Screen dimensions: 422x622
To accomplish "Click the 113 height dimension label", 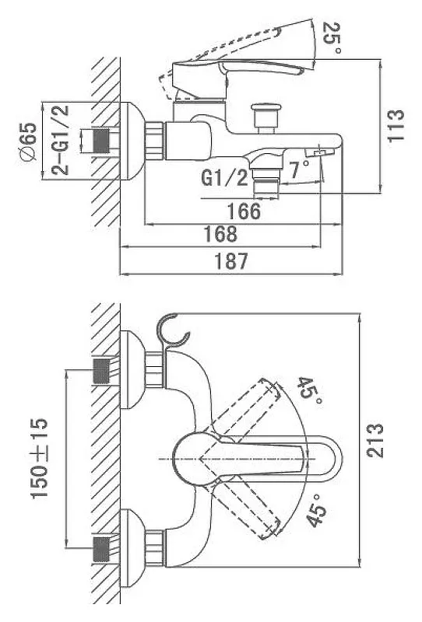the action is (396, 125).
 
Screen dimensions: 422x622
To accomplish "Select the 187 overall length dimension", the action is (231, 260).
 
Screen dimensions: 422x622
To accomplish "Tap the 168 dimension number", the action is (220, 234).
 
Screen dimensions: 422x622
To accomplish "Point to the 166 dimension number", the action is (244, 211).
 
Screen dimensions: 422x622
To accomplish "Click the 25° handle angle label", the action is (332, 37).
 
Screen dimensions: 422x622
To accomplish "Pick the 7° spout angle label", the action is (299, 169).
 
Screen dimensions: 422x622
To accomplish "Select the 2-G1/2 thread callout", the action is (60, 140).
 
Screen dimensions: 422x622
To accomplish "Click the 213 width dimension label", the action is (375, 441).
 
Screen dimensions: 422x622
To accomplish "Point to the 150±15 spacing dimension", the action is (40, 458).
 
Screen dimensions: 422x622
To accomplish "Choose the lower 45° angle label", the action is (317, 511).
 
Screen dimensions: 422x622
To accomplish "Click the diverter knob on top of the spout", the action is (266, 117).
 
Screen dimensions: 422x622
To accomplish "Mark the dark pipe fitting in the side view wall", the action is (101, 141).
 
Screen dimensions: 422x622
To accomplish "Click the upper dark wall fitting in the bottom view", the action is (101, 371).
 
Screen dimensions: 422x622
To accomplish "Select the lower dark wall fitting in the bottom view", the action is (101, 550).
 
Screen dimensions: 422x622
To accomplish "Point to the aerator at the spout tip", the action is (319, 152).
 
